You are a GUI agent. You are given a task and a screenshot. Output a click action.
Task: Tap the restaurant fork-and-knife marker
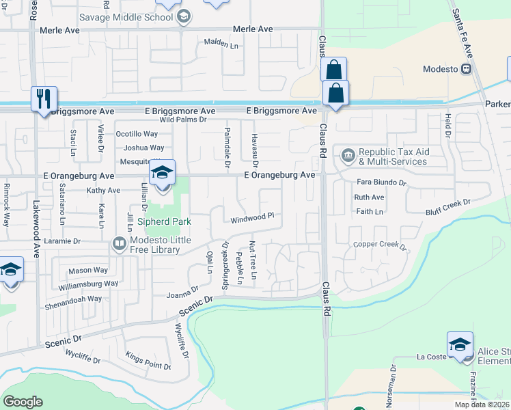click(42, 98)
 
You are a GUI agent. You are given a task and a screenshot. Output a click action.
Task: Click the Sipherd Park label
click(164, 221)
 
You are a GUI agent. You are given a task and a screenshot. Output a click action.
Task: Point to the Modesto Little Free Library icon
click(120, 243)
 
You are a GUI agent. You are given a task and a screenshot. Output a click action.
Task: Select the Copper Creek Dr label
click(379, 245)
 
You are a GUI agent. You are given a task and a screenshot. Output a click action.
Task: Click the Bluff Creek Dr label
click(448, 204)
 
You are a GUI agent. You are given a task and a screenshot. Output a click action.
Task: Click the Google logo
click(23, 402)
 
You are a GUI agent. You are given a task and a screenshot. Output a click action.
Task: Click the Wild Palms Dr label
click(182, 120)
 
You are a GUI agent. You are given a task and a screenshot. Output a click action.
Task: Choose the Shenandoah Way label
click(75, 299)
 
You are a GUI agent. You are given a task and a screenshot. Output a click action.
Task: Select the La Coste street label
click(432, 357)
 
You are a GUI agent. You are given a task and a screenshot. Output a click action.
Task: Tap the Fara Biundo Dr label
click(381, 183)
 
